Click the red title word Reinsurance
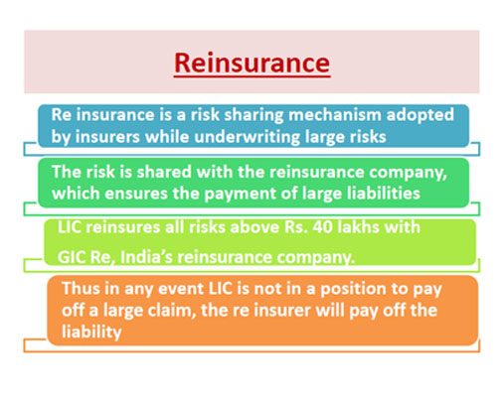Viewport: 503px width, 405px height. click(251, 63)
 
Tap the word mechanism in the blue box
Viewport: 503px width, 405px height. click(335, 115)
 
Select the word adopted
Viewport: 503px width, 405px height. click(419, 115)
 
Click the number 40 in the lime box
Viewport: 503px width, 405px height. click(322, 227)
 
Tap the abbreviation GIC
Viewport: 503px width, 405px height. click(72, 257)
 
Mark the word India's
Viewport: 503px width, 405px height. click(146, 257)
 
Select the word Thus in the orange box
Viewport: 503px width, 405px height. click(81, 288)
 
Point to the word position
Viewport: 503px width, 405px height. click(354, 289)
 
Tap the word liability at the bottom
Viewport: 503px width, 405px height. click(91, 332)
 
